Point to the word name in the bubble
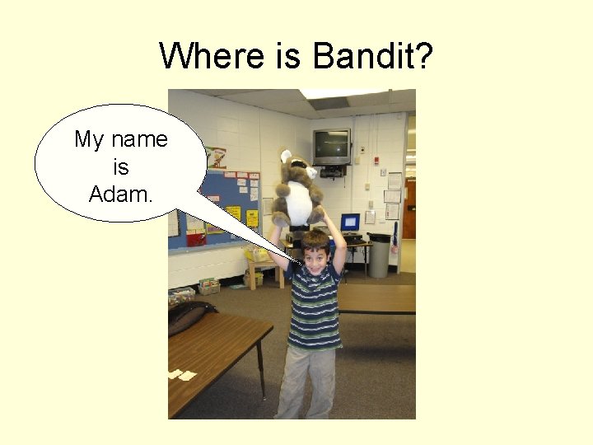(x=140, y=139)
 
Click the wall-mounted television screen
(x=331, y=147)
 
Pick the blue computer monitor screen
(x=350, y=222)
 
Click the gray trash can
(x=379, y=255)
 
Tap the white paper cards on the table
(x=181, y=375)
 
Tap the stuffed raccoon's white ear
(x=286, y=156)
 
